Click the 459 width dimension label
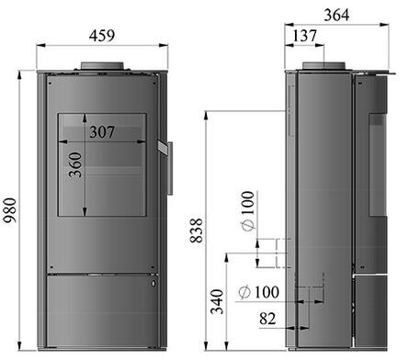(102, 36)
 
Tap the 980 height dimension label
(9, 210)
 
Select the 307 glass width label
(102, 132)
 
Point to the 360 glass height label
(75, 164)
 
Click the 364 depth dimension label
(336, 15)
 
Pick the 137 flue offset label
(304, 36)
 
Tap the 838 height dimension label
(197, 231)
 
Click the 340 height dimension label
(217, 301)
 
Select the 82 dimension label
(267, 319)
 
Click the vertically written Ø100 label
(248, 210)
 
